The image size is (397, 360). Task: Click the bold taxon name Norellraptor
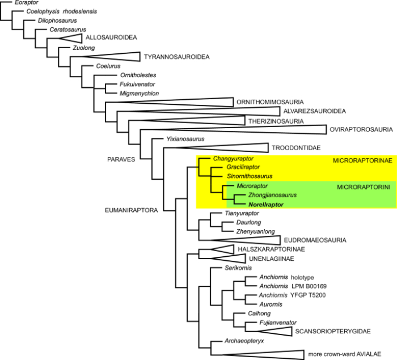pos(266,205)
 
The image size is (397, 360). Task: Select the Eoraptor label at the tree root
pos(26,2)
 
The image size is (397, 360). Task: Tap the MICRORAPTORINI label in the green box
pos(364,187)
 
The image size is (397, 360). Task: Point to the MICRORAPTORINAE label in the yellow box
pos(362,160)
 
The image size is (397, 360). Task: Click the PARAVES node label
pos(121,159)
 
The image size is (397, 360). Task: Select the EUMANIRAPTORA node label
pos(132,210)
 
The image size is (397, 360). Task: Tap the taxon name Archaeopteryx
pos(244,341)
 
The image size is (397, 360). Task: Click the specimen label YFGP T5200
pos(308,295)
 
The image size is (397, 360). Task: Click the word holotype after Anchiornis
pos(302,277)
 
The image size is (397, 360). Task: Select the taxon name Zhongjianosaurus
pos(272,195)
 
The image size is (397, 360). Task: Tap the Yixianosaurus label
pos(185,139)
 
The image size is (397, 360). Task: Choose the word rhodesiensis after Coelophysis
pos(80,12)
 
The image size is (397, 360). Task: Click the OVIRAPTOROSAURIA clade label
pos(361,130)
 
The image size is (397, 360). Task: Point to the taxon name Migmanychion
pos(140,94)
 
